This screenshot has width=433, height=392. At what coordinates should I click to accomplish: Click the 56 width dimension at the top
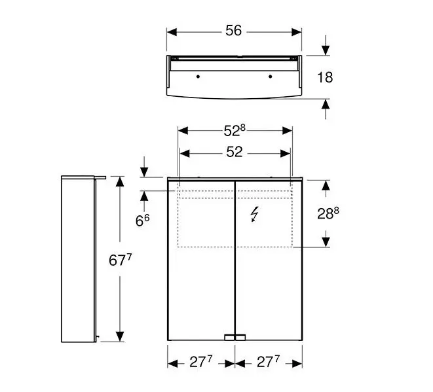click(233, 30)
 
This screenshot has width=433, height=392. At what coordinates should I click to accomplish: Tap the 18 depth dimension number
click(325, 77)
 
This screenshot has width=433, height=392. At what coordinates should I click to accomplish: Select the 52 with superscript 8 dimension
click(235, 130)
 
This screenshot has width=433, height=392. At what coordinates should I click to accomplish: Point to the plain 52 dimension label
click(234, 152)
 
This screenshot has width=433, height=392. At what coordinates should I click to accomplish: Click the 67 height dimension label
click(120, 260)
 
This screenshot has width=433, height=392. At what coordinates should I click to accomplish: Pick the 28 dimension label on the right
click(328, 213)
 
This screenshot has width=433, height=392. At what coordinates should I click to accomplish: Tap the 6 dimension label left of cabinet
click(143, 220)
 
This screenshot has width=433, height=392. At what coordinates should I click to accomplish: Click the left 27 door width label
click(200, 362)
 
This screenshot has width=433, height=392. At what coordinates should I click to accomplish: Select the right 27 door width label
click(268, 362)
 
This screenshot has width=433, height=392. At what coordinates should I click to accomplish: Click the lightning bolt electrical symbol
click(254, 214)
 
